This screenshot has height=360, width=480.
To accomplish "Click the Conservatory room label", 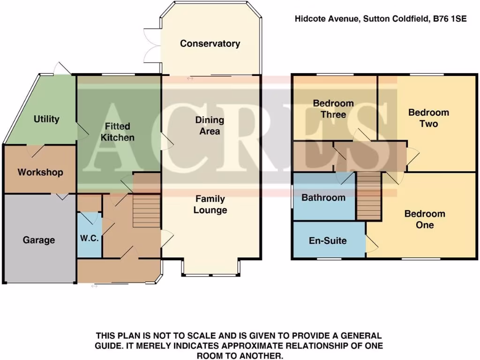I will coord(210,44).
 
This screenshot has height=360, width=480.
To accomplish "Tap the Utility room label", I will coord(46,119).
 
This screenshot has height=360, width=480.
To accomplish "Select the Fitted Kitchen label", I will coord(117,132).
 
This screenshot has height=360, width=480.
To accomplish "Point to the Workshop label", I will coord(40,172).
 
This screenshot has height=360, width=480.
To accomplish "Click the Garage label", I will coord(39,240).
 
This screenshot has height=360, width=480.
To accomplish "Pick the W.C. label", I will coord(89,238).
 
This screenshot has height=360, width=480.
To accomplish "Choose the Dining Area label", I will coord(210,126).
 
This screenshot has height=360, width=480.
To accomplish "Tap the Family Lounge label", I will coord(210,204).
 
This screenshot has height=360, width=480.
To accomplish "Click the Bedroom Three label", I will coord(333,109).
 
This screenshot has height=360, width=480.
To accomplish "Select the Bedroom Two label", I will coord(428,118).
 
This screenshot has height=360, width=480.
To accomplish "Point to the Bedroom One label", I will coord(425,219).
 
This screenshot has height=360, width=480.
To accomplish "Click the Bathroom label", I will coord(323,197).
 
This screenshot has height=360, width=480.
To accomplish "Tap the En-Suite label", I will coord(328,241).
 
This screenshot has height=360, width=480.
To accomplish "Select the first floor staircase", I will coord(368,195).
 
